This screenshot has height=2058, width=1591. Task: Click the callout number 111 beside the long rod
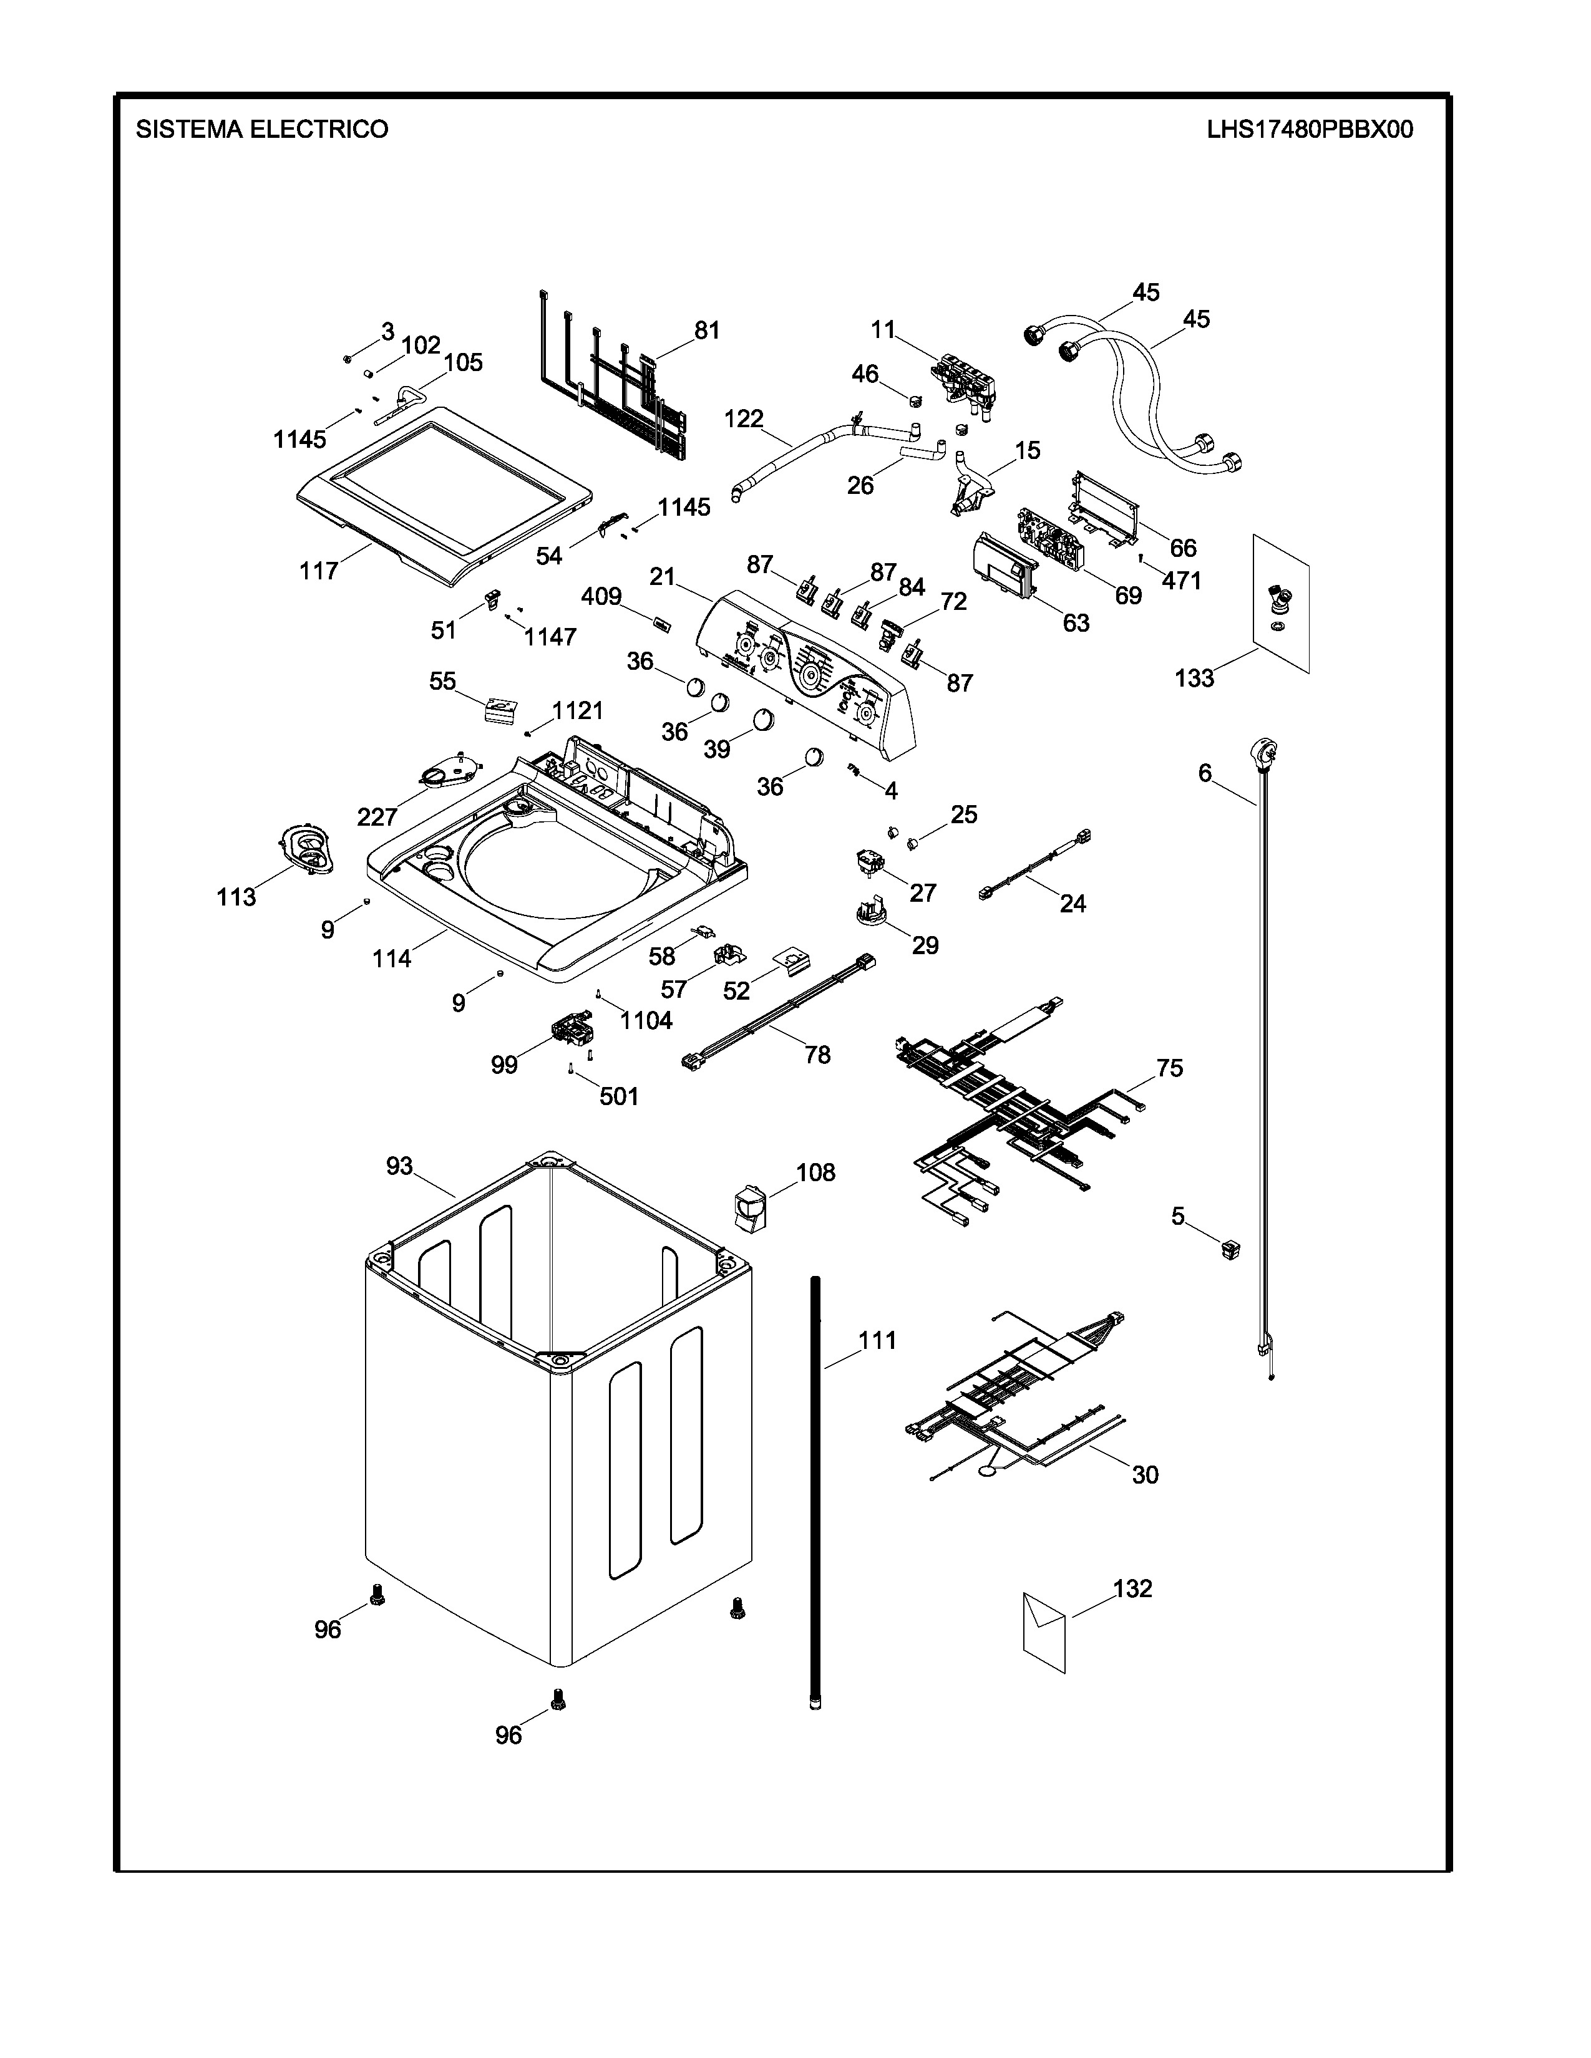[x=877, y=1340]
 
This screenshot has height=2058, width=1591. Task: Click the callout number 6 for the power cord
[x=1205, y=773]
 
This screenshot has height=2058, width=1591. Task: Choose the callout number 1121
[x=577, y=710]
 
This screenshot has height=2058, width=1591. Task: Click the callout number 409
[x=600, y=596]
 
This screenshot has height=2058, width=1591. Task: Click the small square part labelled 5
[x=1229, y=1250]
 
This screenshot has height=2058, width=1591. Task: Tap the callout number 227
[x=376, y=816]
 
